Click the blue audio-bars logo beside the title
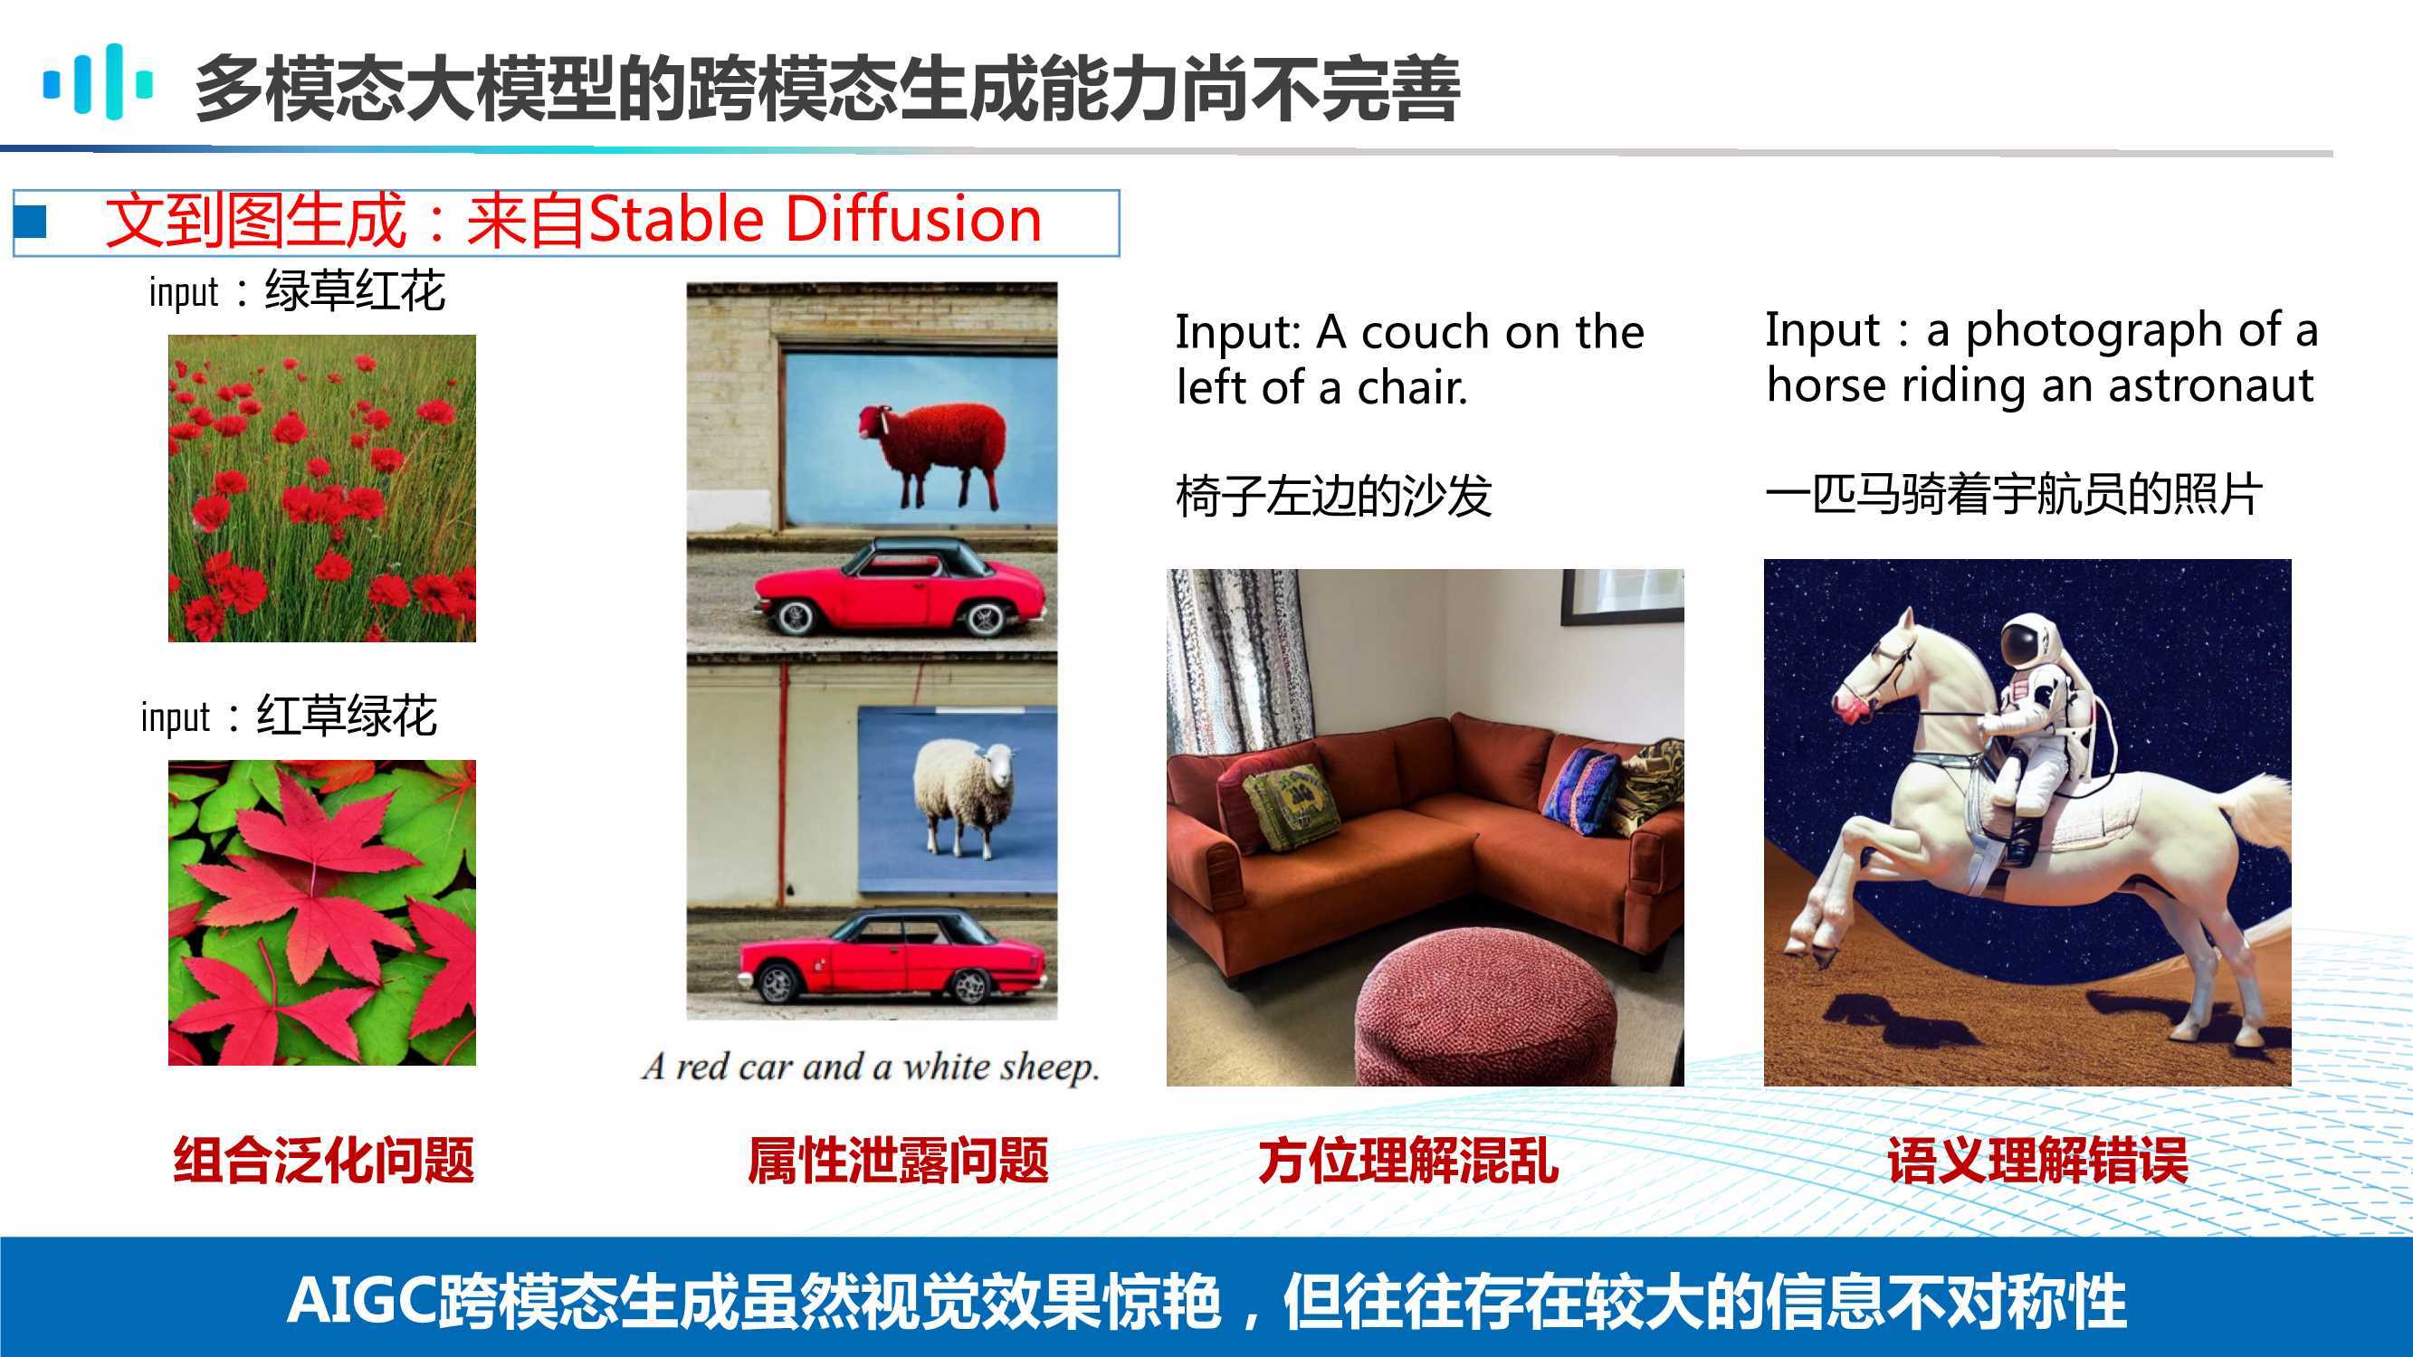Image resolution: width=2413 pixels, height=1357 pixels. pyautogui.click(x=98, y=82)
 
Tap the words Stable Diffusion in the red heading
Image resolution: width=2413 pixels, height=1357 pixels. pyautogui.click(x=815, y=220)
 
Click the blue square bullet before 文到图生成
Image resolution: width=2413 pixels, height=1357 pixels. pyautogui.click(x=31, y=221)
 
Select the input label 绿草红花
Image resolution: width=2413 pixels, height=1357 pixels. pyautogui.click(x=355, y=291)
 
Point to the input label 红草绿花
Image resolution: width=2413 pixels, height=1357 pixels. pyautogui.click(x=347, y=716)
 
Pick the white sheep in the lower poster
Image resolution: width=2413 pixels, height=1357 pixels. pyautogui.click(x=964, y=797)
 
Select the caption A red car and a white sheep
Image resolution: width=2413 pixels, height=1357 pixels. pyautogui.click(x=870, y=1067)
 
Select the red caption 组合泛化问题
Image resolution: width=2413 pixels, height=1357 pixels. pyautogui.click(x=324, y=1162)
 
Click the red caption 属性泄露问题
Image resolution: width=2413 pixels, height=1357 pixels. pyautogui.click(x=897, y=1162)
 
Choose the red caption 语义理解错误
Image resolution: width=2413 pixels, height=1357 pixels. pyautogui.click(x=2038, y=1162)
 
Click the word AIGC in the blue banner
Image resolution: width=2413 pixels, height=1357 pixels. pyautogui.click(x=360, y=1302)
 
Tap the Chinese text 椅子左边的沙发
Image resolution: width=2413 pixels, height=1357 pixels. pyautogui.click(x=1333, y=497)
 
